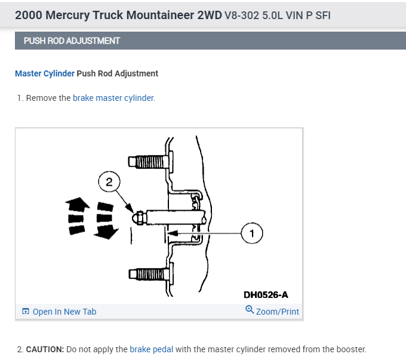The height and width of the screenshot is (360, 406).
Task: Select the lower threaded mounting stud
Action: click(148, 274)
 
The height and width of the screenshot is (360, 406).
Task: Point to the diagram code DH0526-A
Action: click(266, 295)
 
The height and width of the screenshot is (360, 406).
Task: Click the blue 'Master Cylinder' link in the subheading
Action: click(45, 73)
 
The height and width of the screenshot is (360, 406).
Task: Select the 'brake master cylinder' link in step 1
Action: click(113, 98)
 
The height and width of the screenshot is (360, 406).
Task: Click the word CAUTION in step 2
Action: click(44, 349)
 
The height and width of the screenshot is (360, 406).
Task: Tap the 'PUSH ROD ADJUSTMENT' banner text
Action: click(72, 41)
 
